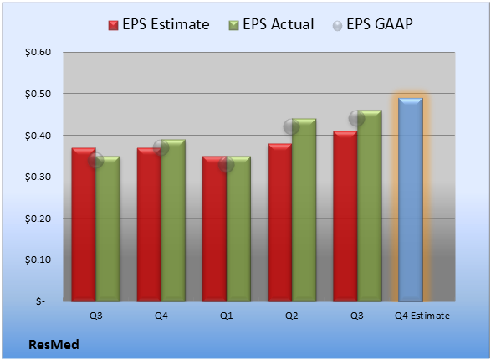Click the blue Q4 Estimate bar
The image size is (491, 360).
pyautogui.click(x=411, y=199)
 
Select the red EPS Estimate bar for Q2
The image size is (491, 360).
pyautogui.click(x=279, y=223)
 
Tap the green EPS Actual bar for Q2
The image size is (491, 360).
pyautogui.click(x=304, y=210)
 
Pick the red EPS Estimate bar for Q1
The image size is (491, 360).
pyautogui.click(x=214, y=229)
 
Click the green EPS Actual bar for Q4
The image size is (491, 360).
pyautogui.click(x=173, y=220)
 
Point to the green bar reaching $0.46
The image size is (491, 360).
pyautogui.click(x=370, y=206)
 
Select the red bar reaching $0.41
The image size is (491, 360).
pyautogui.click(x=345, y=216)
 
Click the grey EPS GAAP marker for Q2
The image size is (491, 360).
pyautogui.click(x=292, y=127)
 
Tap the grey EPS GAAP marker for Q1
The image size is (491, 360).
pyautogui.click(x=227, y=164)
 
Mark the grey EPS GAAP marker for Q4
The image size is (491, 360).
pyautogui.click(x=161, y=147)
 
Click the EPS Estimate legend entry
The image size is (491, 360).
pyautogui.click(x=159, y=24)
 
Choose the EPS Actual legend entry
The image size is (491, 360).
pyautogui.click(x=271, y=24)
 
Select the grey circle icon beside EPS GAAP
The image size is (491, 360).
pyautogui.click(x=338, y=26)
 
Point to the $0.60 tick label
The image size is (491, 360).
pyautogui.click(x=38, y=52)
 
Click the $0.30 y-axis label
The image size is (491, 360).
pyautogui.click(x=38, y=177)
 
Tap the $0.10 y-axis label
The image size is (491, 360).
pyautogui.click(x=38, y=260)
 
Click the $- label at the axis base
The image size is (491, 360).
pyautogui.click(x=40, y=301)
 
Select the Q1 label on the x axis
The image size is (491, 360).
pyautogui.click(x=227, y=316)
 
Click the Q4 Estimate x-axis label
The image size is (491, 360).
pyautogui.click(x=422, y=316)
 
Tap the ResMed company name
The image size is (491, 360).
pyautogui.click(x=54, y=345)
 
